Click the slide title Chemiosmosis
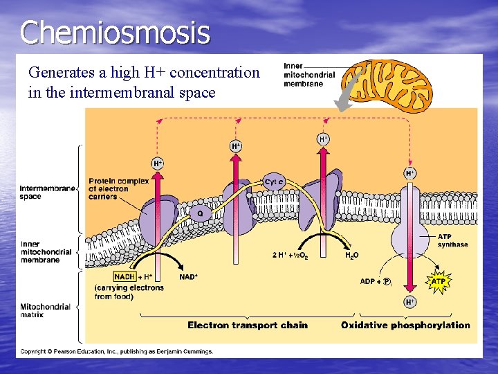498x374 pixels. [115, 33]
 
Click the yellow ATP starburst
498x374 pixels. [439, 282]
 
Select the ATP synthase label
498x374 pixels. [452, 240]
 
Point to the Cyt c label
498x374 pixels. [273, 182]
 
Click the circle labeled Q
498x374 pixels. [200, 214]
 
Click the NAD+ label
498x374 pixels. [188, 277]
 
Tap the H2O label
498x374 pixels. [352, 256]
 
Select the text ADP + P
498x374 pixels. [376, 282]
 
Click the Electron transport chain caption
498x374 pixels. [248, 325]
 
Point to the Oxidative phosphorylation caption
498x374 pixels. [405, 325]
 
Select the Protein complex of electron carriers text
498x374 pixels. [118, 188]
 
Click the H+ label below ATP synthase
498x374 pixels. [410, 302]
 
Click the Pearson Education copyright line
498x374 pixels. [116, 351]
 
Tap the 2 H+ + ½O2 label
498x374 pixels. [290, 256]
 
